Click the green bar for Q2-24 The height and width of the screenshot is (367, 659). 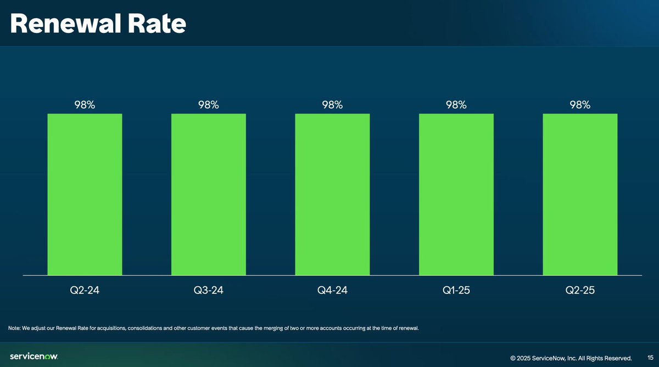pos(85,194)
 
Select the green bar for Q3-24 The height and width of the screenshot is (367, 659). pos(209,194)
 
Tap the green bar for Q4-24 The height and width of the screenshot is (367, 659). pos(332,194)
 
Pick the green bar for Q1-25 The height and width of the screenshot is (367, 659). pos(456,194)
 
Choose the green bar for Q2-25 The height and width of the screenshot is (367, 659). pos(580,194)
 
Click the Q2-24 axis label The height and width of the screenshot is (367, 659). pos(85,291)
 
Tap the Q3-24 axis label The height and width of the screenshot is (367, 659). pos(209,291)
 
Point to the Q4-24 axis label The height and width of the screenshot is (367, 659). pos(332,291)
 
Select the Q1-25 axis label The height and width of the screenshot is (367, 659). pos(456,291)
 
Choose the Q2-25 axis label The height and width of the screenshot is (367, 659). pos(580,291)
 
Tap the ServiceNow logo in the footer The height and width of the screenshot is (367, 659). pos(34,357)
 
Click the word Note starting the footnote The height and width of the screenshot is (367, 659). pos(14,328)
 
